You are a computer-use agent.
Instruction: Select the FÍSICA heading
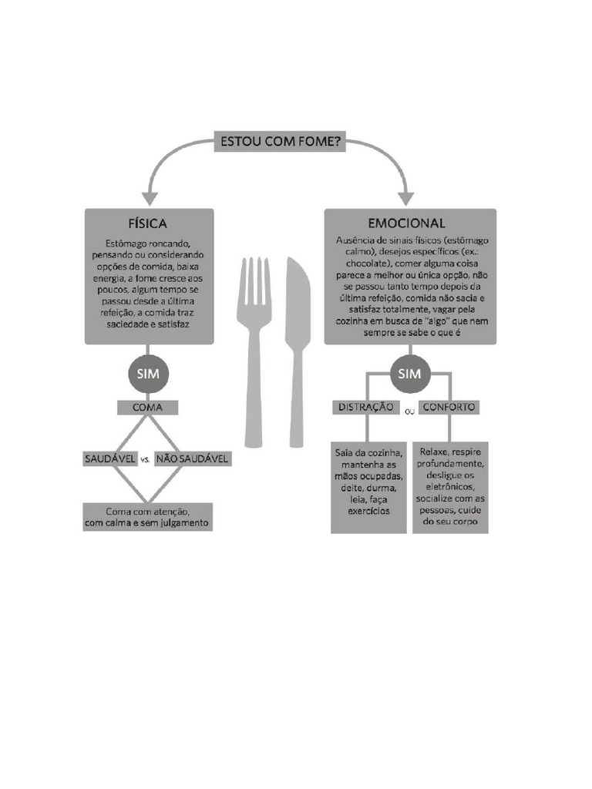coord(148,223)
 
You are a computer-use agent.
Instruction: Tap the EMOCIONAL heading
coord(406,223)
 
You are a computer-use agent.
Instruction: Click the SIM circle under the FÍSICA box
coord(148,375)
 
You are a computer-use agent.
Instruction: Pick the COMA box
coord(148,408)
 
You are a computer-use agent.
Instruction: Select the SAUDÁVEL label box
coord(111,458)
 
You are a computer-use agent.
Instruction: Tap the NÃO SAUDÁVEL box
coord(192,458)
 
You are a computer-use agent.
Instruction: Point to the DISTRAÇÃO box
coord(366,407)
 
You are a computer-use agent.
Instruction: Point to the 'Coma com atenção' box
coord(147,517)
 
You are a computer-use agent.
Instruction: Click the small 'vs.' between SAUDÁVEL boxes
coord(145,460)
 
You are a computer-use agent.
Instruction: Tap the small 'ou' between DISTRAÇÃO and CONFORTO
coord(409,412)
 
